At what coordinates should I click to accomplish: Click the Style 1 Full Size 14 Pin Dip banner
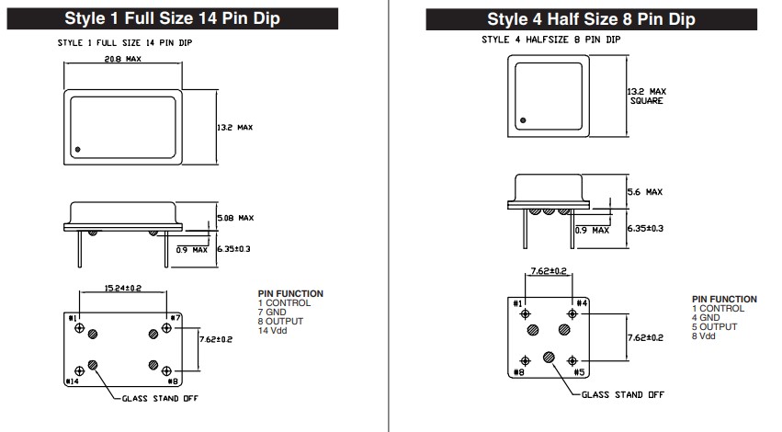[173, 18]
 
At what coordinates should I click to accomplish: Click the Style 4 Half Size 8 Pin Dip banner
[591, 19]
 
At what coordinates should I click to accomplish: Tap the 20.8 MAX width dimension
[123, 59]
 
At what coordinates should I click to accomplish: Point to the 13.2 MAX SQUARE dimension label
[646, 96]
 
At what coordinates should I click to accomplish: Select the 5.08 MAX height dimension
[235, 218]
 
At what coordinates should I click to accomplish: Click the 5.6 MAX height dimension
[645, 191]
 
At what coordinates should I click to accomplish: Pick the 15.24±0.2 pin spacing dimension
[123, 288]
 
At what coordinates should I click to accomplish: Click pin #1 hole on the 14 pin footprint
[79, 328]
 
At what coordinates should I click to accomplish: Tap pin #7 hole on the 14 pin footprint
[166, 328]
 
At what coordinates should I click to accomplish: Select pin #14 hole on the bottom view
[79, 370]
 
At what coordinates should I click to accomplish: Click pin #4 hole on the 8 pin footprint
[572, 313]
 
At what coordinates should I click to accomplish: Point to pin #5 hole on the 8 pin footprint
[572, 360]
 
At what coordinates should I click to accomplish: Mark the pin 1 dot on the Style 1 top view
[77, 149]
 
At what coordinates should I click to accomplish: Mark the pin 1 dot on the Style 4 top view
[523, 120]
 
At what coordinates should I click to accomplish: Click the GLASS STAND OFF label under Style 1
[160, 399]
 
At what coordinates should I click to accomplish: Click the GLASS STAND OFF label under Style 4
[623, 394]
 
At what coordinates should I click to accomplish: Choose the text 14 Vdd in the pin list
[272, 330]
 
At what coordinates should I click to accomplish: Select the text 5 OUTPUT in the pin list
[714, 326]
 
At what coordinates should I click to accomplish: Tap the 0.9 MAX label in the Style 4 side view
[592, 231]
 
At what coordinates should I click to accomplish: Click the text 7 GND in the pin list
[272, 312]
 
